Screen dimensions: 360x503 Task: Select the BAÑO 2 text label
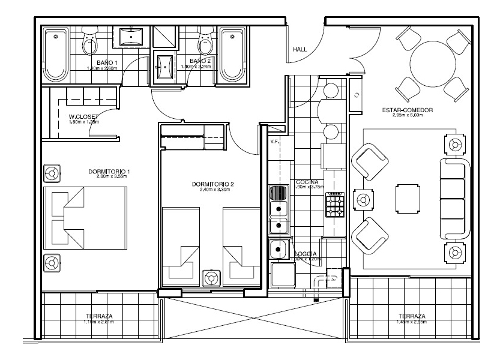[x=200, y=61]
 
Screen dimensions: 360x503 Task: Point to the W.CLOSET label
[x=83, y=116]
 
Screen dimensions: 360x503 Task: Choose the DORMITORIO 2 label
[x=212, y=184]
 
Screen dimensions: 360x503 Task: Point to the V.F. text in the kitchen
[x=275, y=142]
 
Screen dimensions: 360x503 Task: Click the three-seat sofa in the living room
[x=453, y=199]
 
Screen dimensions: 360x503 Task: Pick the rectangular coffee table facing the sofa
[x=407, y=199]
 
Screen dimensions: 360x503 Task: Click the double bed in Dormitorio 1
[x=86, y=217]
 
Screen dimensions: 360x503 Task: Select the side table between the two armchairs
[x=363, y=199]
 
